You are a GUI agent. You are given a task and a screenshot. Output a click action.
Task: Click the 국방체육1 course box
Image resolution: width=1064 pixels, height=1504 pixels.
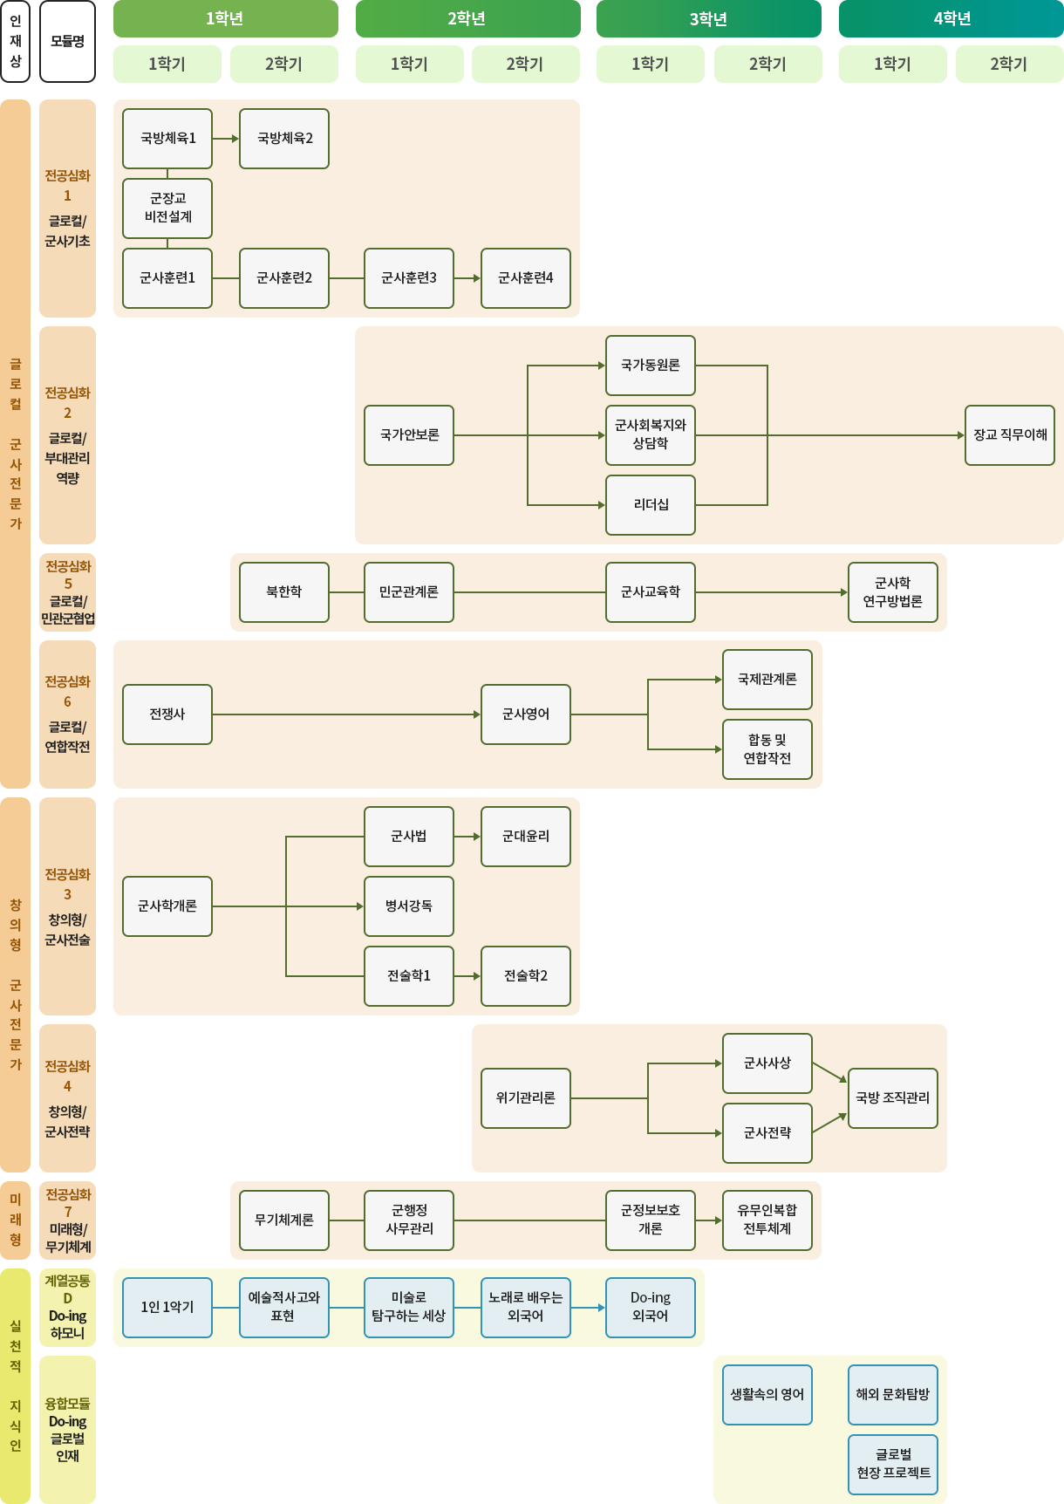(x=167, y=139)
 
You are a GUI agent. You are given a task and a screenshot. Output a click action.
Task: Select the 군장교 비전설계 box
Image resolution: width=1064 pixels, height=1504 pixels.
(x=167, y=209)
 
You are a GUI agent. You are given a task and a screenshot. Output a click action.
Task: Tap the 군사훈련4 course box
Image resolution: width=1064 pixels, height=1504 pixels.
(x=526, y=278)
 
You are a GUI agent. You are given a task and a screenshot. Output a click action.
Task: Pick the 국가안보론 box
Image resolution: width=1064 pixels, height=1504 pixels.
(x=409, y=435)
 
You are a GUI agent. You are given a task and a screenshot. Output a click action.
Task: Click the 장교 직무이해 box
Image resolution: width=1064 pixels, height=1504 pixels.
(x=1010, y=435)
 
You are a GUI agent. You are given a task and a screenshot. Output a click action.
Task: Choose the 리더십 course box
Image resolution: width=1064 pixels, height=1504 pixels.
(x=651, y=505)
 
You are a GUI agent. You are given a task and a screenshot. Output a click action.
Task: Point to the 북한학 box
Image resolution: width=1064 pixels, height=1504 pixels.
(x=284, y=592)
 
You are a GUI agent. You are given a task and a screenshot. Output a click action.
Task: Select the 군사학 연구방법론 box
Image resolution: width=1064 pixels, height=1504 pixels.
(x=893, y=592)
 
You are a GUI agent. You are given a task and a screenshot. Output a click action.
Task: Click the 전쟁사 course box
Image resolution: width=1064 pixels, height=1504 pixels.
(x=167, y=714)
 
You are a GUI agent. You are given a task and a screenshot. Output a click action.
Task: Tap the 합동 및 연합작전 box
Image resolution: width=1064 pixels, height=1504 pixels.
(x=767, y=749)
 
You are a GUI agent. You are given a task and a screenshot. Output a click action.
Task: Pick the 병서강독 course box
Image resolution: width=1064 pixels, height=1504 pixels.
(x=409, y=906)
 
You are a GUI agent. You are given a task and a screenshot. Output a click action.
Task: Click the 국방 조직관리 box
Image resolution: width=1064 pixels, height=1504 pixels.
(x=893, y=1098)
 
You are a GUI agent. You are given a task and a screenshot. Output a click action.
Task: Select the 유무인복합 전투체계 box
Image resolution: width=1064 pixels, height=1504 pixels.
(x=767, y=1220)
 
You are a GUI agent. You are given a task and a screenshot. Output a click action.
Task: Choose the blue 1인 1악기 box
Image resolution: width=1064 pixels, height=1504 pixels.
(x=167, y=1308)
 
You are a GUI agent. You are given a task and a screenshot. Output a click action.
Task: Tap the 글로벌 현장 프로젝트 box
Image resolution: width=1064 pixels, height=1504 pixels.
(x=893, y=1465)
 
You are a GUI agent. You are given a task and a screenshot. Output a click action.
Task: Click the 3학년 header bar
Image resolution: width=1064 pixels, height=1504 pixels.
(x=709, y=19)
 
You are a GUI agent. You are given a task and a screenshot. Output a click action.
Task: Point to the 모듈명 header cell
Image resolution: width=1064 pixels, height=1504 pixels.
(x=67, y=41)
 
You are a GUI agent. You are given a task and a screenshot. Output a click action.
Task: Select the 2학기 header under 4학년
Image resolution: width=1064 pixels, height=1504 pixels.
(x=1009, y=65)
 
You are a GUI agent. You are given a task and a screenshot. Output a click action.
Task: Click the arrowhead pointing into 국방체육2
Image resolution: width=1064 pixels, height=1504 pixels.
(x=235, y=139)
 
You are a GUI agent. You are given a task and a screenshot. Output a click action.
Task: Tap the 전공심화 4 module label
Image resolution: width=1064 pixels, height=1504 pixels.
(x=67, y=1098)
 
